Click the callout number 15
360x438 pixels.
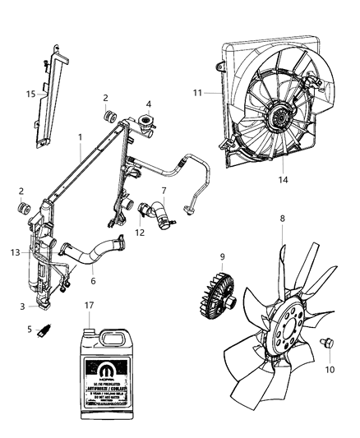[x=30, y=95]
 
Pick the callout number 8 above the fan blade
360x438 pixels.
[x=284, y=219]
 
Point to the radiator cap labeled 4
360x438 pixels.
[x=148, y=123]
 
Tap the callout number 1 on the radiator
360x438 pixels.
[x=80, y=136]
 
